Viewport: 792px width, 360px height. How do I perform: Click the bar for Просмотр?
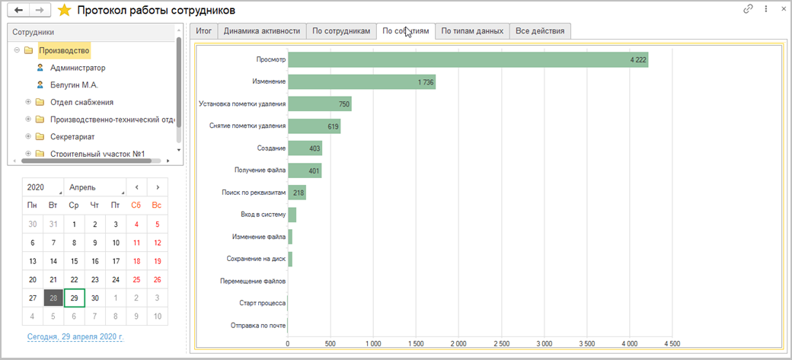point(468,59)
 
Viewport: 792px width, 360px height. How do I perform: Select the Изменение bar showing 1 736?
point(361,81)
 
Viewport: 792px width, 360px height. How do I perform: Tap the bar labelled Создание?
point(305,148)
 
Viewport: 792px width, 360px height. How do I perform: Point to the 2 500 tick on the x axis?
point(501,344)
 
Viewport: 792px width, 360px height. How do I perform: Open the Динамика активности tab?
point(261,31)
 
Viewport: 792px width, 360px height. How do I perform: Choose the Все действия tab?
point(540,31)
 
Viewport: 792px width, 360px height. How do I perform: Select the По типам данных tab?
point(472,31)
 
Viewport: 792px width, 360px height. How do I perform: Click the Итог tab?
point(204,31)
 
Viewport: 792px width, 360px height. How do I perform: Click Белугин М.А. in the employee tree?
point(74,85)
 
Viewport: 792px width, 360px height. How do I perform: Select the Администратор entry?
point(78,68)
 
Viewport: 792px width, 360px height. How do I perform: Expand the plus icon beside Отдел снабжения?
point(28,103)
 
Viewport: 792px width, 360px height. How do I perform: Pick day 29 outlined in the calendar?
point(74,298)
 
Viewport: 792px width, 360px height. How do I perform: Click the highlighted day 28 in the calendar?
point(53,298)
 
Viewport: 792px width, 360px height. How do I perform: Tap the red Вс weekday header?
point(157,205)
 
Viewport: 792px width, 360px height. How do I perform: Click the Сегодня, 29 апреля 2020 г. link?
point(74,336)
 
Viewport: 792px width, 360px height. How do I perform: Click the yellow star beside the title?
point(65,11)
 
